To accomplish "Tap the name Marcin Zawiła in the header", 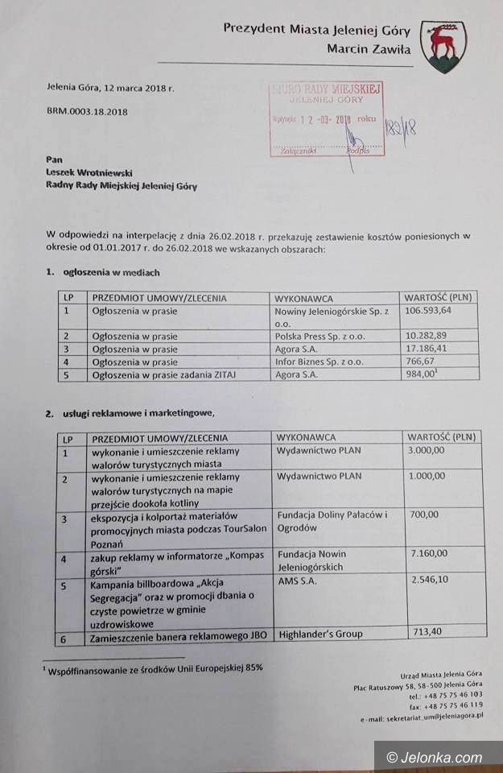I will click(x=369, y=49).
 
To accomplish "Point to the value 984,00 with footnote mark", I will click(x=420, y=375).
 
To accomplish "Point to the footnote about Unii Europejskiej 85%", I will click(x=154, y=668).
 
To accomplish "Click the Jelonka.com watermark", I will click(x=435, y=757).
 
